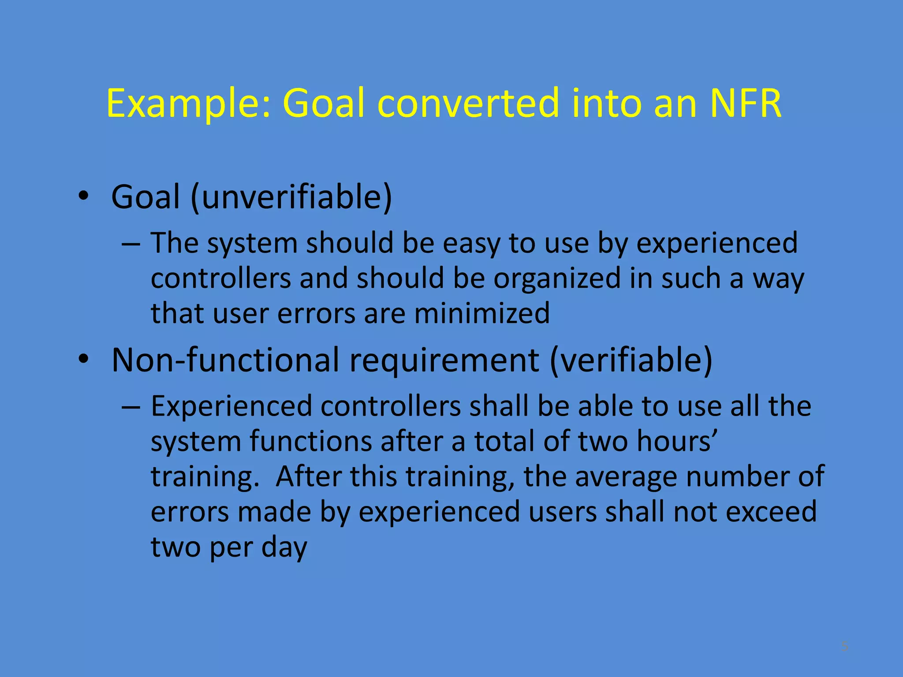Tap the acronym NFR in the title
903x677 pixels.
746,104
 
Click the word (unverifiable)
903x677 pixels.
291,197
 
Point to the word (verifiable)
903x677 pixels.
631,360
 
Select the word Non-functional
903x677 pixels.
225,360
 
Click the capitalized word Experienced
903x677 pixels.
231,406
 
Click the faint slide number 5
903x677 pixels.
844,646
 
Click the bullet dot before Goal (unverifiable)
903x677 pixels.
84,197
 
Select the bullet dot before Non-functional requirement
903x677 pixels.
84,360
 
